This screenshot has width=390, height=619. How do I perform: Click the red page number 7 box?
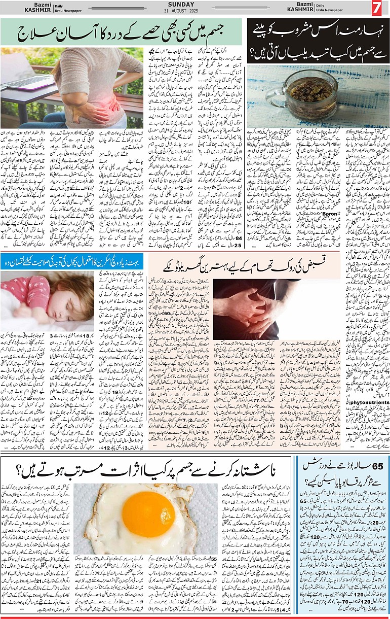tap(376, 9)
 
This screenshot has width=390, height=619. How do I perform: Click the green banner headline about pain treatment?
tap(122, 32)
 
